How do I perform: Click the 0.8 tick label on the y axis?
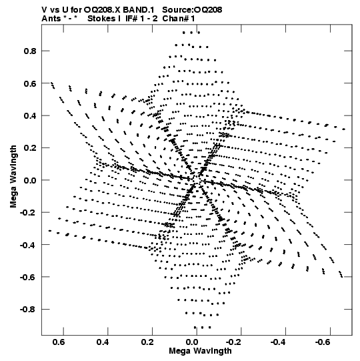click(30, 51)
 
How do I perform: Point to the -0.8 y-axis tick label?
click(28, 309)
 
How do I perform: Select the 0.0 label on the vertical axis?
click(30, 180)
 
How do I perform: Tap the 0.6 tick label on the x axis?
click(59, 342)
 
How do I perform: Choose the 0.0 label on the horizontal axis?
click(193, 342)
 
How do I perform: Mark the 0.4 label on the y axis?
click(30, 115)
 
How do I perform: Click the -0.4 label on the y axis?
click(28, 245)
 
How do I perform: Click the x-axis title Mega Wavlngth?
click(200, 351)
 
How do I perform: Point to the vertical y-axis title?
click(13, 177)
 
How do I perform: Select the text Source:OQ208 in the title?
click(192, 10)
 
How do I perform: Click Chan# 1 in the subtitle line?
click(179, 19)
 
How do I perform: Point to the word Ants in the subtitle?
click(51, 19)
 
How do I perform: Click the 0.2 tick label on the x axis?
click(148, 342)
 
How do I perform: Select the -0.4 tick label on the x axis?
click(277, 342)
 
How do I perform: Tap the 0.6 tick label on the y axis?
click(30, 83)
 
